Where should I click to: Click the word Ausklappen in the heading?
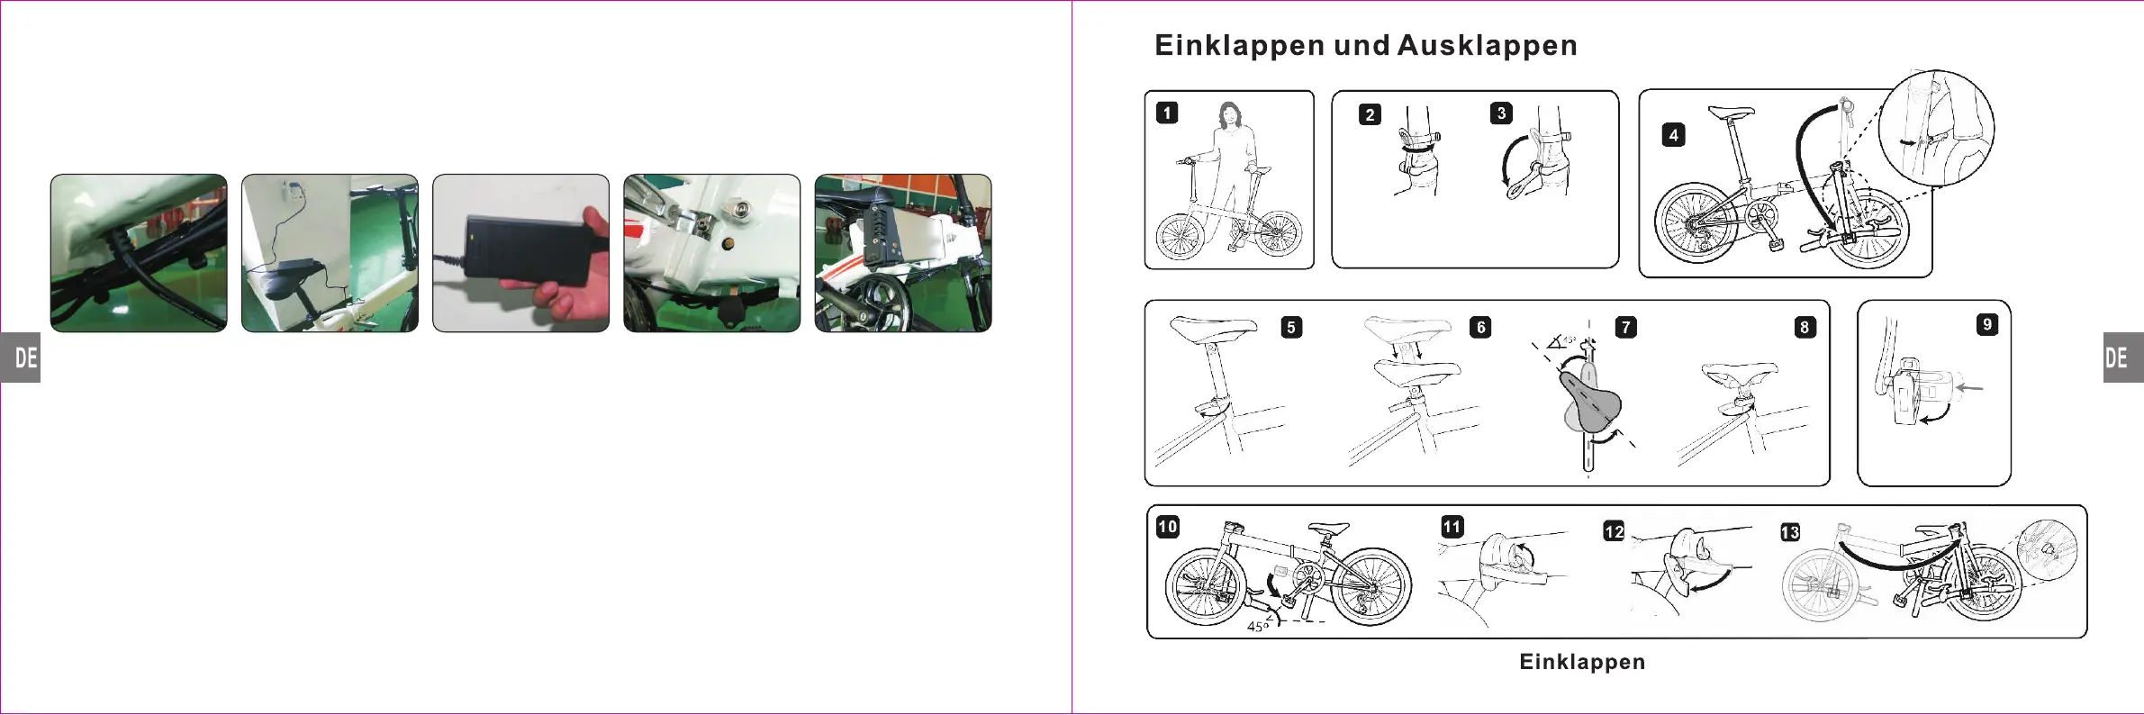point(1487,46)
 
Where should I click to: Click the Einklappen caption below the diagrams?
point(1582,662)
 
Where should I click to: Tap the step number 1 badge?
point(1167,113)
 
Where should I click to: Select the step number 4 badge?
point(1673,135)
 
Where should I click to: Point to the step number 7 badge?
point(1625,327)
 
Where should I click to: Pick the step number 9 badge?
point(1986,324)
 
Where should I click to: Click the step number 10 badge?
point(1168,527)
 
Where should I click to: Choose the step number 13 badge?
point(1790,532)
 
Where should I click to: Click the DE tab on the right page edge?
point(2121,357)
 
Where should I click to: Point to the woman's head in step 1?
point(1229,114)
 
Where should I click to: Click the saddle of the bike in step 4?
point(1730,113)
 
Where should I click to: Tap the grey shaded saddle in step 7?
point(1592,403)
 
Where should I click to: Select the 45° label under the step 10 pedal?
point(1258,626)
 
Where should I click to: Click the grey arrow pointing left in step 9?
point(1970,388)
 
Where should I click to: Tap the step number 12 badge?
point(1614,531)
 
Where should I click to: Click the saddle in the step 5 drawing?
point(1211,328)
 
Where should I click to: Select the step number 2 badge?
point(1370,114)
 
